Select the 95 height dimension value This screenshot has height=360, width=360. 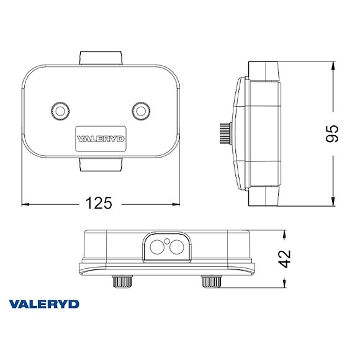[x=332, y=134]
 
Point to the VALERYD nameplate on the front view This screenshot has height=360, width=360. [x=101, y=140]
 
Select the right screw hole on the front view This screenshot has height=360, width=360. [x=142, y=110]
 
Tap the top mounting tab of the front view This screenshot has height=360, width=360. [x=101, y=58]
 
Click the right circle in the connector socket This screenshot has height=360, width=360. [x=176, y=248]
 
